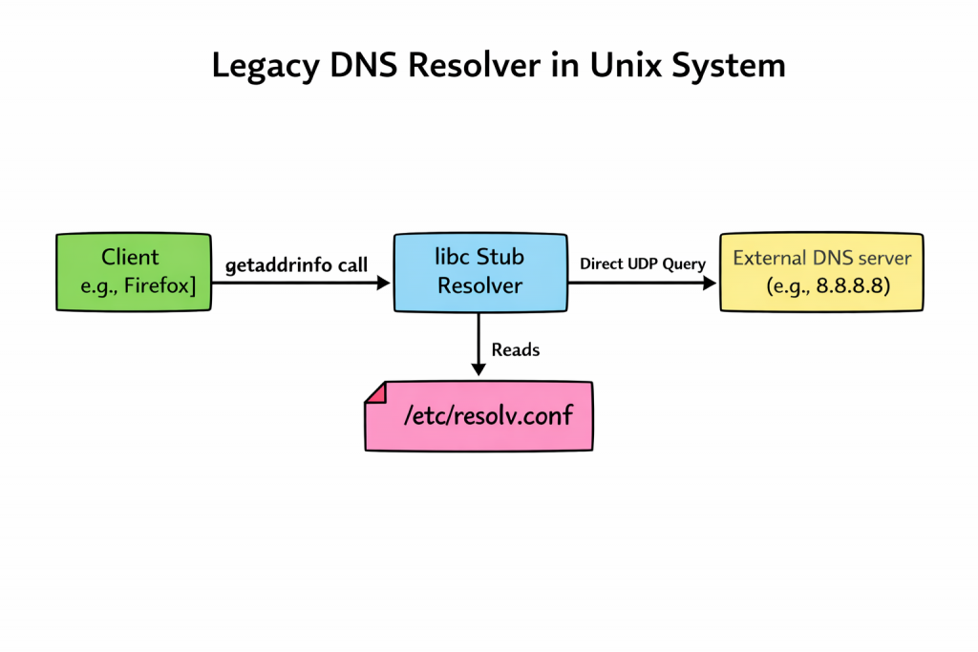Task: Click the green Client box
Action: pos(134,271)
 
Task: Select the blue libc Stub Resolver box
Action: pos(478,271)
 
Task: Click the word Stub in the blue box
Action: pos(500,257)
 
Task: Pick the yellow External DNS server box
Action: pos(821,271)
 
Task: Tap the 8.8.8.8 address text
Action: pos(854,285)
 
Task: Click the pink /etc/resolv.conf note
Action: pos(478,416)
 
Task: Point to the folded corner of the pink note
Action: pos(374,391)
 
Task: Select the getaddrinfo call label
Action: pos(296,265)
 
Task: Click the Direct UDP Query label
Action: pos(643,264)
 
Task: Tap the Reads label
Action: pos(516,349)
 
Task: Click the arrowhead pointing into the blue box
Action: pos(384,283)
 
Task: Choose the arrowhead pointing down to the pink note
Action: pos(478,368)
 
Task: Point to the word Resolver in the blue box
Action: pos(479,285)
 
